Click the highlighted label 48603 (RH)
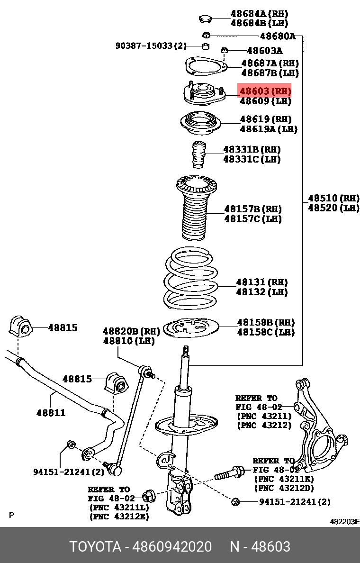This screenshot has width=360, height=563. coord(265,91)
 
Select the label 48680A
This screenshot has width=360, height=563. coord(278,36)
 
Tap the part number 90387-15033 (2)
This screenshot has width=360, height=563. coord(151,45)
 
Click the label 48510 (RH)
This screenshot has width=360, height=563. coord(333,198)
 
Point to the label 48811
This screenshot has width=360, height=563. coord(51,413)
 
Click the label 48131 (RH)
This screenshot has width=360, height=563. coord(262,282)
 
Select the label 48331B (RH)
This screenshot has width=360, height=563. coord(252,149)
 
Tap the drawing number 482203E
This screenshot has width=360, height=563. coord(344,522)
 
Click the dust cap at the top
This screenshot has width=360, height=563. coord(205,19)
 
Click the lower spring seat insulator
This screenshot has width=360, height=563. coord(191,328)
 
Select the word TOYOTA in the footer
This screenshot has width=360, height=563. coord(96,546)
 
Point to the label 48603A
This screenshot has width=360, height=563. coord(264,50)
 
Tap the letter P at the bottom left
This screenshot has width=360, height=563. coord(11,515)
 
